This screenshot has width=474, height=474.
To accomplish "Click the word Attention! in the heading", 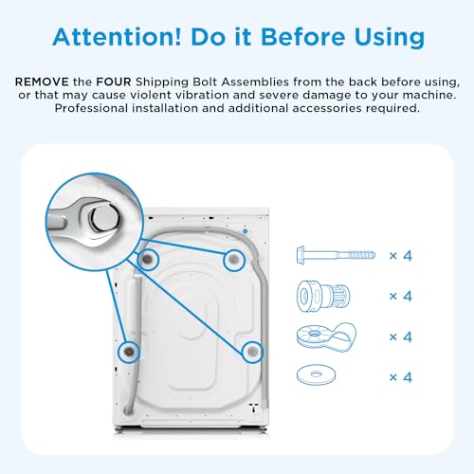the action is pos(117,37).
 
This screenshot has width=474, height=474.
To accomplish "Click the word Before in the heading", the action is pos(302,37).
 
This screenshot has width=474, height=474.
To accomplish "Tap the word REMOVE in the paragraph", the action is pos(42,82).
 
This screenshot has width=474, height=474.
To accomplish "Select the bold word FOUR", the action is pos(114,82).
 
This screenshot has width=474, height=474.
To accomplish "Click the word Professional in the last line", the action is pos(91,108).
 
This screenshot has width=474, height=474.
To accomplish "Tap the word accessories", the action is pos(327,108).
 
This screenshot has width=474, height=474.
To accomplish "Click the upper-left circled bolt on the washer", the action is pos(147,259).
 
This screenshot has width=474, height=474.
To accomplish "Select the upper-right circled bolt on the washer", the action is pos(234,260).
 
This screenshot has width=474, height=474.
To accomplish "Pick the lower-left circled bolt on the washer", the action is pos(129,352).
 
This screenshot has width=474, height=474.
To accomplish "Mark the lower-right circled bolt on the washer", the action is pos(252,352).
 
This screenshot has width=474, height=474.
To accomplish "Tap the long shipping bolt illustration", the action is pos(337,255).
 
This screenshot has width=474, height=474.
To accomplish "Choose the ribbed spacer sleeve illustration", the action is pos(323,296).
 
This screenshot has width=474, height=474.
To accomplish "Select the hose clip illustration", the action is pos(326,337).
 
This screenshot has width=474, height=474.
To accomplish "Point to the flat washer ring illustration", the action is pos(316,374).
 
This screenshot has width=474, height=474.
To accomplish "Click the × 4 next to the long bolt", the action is pos(401,255).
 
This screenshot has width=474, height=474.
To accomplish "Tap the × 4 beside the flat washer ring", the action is pos(401,377).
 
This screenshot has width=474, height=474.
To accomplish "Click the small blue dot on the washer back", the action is pos(246,231).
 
